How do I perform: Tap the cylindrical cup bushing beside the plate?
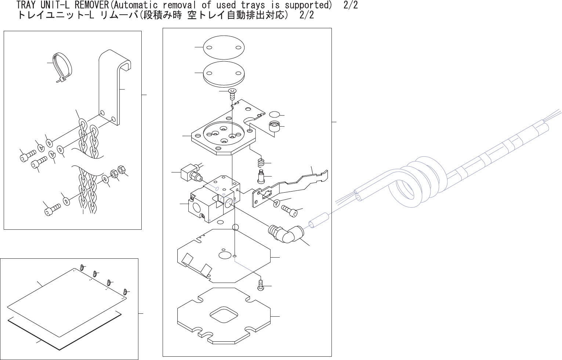(274, 127)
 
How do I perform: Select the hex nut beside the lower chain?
(121, 171)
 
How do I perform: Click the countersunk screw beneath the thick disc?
(232, 94)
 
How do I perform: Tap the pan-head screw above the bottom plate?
(261, 285)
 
